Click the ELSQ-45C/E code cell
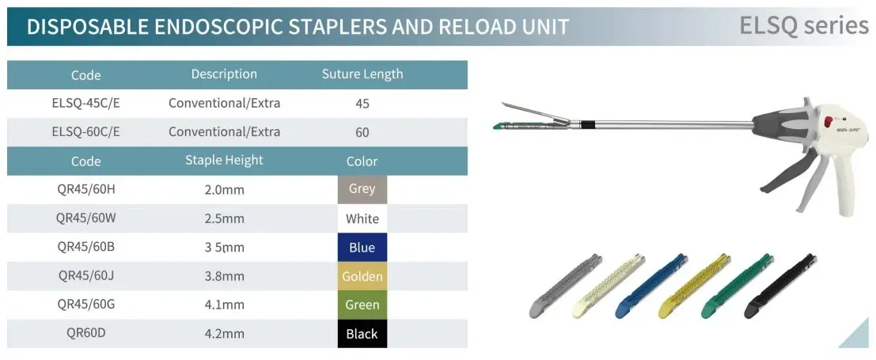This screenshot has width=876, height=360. point(85,104)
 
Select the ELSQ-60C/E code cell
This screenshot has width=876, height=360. point(85,132)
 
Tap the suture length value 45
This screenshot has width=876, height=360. point(362,104)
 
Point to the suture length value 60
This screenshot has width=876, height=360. point(362,132)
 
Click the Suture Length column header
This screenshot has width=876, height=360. point(362,74)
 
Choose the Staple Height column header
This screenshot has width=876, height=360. point(224,161)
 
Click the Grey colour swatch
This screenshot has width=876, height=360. point(362,190)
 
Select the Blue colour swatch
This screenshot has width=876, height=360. point(362,248)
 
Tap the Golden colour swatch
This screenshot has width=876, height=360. point(362,276)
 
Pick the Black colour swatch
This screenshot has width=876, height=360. point(362,334)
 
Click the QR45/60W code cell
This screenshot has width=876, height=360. point(85,218)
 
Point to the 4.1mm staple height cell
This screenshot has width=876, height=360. point(224,305)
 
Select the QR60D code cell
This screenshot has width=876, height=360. point(85,334)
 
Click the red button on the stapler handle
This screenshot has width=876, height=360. point(828,121)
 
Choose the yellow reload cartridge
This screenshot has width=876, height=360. point(695,286)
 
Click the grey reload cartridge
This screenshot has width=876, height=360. point(565,286)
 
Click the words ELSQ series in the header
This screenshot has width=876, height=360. point(804,25)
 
